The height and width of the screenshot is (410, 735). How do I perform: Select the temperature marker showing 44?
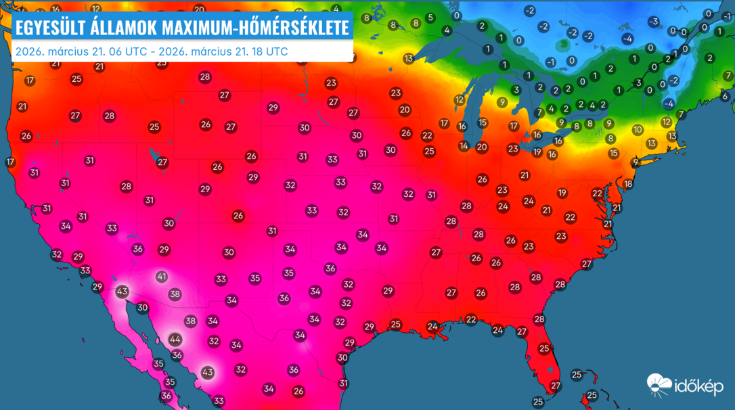(x=175, y=339)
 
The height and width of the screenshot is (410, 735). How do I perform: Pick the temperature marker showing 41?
(x=162, y=277)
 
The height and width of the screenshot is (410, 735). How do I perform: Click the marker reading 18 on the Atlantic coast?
(x=628, y=184)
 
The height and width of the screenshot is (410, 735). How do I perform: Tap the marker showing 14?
(x=464, y=146)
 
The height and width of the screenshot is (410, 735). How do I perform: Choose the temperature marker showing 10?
(x=638, y=129)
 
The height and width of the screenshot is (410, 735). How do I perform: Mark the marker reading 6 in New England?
(x=725, y=96)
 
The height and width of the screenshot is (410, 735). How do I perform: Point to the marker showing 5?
(x=430, y=18)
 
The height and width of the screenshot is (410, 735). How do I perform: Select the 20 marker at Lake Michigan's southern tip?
(x=482, y=147)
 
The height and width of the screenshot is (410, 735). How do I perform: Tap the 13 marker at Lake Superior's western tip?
(x=409, y=59)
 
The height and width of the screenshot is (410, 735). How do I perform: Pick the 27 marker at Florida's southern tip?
(x=556, y=386)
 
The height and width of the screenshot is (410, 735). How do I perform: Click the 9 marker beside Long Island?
(x=636, y=162)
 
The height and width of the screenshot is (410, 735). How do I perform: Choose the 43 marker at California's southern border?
(x=122, y=292)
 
